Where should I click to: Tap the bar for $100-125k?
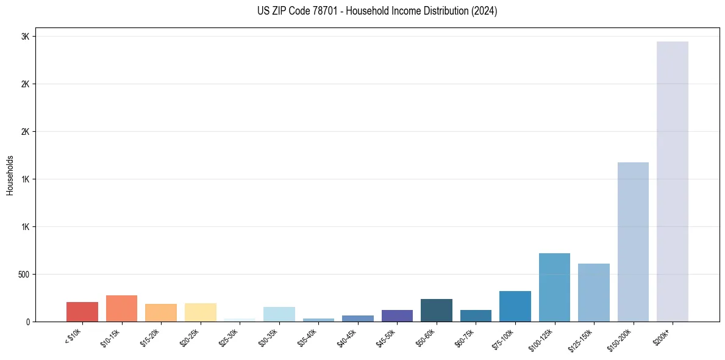coord(554,287)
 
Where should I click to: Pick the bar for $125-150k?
coord(593,292)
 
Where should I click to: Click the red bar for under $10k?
coord(82,312)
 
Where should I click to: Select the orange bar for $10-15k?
coord(121,308)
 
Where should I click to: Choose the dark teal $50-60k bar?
coord(436,310)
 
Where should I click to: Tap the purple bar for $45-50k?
coord(397,315)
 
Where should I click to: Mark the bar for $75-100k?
coord(515,306)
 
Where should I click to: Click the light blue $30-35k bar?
coord(279,314)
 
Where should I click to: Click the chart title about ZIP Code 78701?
coord(377,11)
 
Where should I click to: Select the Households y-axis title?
coord(10,175)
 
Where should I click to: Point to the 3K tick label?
coord(25,37)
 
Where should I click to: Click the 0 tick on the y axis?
coord(27,322)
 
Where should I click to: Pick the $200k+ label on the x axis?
coord(663,335)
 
